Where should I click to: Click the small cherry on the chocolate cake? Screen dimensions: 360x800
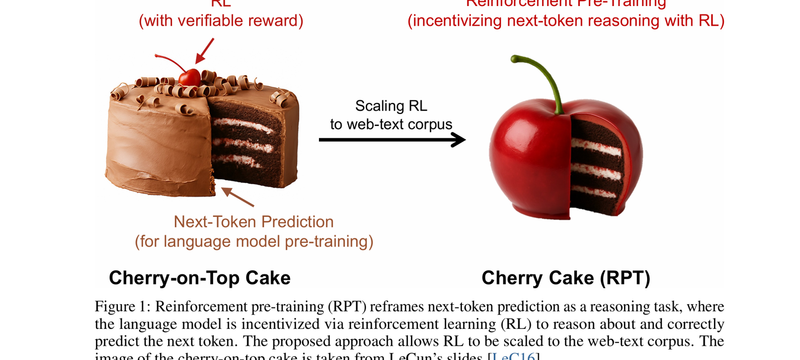pyautogui.click(x=190, y=77)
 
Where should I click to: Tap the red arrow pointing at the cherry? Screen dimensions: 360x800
pyautogui.click(x=205, y=50)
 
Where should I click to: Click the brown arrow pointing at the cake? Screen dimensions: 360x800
pyautogui.click(x=237, y=197)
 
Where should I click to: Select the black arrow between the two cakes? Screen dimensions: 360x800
pyautogui.click(x=392, y=140)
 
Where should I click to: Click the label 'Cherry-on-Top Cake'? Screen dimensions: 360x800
pyautogui.click(x=199, y=278)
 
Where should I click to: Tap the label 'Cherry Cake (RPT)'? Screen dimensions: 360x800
pyautogui.click(x=565, y=278)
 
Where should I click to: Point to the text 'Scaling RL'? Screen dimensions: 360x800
pyautogui.click(x=391, y=106)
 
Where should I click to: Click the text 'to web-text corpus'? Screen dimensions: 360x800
pyautogui.click(x=391, y=124)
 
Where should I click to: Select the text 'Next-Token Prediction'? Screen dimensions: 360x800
pyautogui.click(x=254, y=222)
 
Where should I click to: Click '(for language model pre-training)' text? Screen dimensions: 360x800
pyautogui.click(x=254, y=241)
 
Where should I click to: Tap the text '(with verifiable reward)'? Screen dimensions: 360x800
pyautogui.click(x=221, y=21)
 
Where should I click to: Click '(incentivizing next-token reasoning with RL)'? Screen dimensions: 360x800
pyautogui.click(x=566, y=21)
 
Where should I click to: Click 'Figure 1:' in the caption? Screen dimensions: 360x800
pyautogui.click(x=123, y=306)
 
